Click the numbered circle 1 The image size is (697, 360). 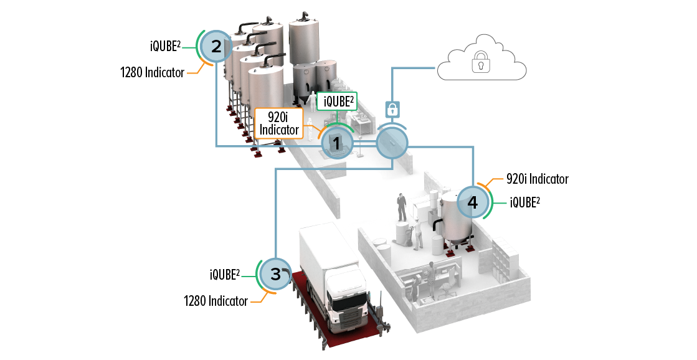(336, 143)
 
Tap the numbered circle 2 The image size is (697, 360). (216, 46)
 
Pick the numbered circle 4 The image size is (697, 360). (473, 202)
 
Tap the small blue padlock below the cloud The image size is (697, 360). (392, 110)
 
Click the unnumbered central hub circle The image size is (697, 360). (392, 143)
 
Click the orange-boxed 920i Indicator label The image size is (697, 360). (278, 123)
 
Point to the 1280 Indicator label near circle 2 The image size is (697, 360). (152, 72)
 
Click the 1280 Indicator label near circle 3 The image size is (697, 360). (216, 301)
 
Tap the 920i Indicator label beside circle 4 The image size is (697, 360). (537, 179)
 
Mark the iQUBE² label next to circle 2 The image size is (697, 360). (166, 45)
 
